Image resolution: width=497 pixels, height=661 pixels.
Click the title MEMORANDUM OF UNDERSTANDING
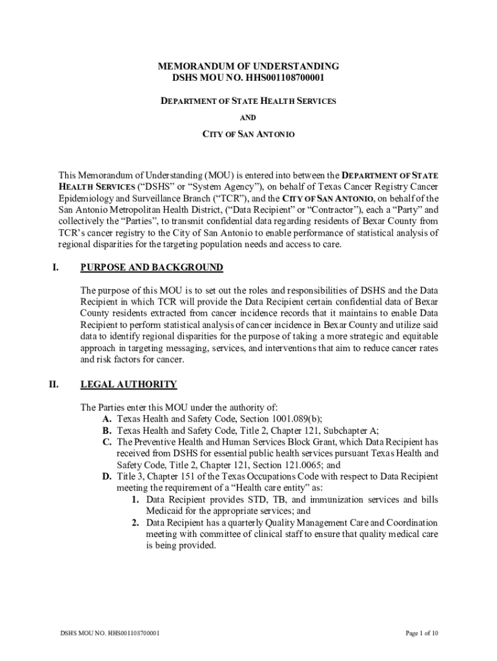tap(249, 66)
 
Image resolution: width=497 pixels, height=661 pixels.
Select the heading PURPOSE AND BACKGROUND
tap(152, 267)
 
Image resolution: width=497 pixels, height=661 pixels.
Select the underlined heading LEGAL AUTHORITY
tap(128, 385)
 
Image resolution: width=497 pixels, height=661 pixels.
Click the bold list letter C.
tap(107, 442)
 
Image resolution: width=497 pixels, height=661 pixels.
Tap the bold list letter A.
tap(107, 419)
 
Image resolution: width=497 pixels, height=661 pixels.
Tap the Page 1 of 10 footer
tap(422, 633)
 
